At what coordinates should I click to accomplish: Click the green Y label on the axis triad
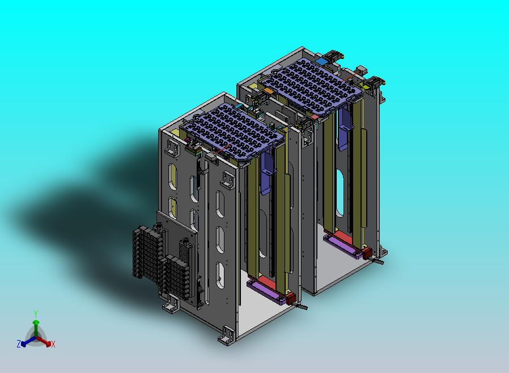coord(36,314)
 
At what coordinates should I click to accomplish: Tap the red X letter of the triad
coord(53,345)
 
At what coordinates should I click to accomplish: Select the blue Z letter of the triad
coord(19,344)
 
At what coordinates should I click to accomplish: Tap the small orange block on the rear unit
coord(268,91)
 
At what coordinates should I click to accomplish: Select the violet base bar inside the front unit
coord(266,291)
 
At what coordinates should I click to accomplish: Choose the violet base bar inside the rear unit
coord(343,247)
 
